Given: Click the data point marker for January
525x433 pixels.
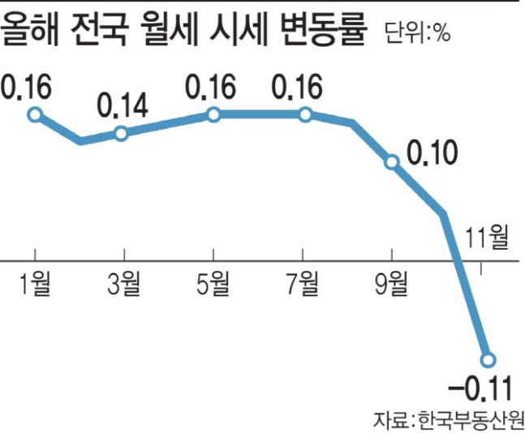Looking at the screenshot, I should point(34,114).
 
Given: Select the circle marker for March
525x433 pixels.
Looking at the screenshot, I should point(121,133).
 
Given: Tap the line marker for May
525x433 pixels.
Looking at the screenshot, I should point(213,114).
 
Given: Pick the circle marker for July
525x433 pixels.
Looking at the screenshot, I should point(305,114).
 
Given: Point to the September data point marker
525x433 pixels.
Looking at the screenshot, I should point(393,162).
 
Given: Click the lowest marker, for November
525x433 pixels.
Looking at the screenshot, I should point(488,358).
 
